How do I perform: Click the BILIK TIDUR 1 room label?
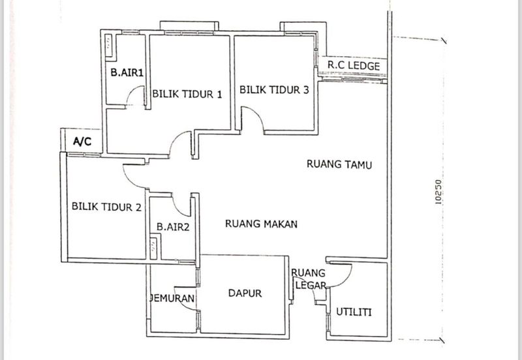tap(188, 94)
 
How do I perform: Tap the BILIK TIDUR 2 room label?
tap(106, 208)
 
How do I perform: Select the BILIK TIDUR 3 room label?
tap(274, 91)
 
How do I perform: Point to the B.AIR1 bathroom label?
tap(127, 74)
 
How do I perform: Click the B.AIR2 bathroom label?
tap(172, 227)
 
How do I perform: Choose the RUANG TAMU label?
tap(339, 165)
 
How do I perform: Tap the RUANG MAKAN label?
tap(261, 224)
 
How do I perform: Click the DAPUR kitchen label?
tap(245, 293)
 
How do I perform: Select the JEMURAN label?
tap(173, 298)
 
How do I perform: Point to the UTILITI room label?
tap(354, 312)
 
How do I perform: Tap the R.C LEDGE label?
tap(353, 66)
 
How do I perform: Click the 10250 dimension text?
tap(438, 193)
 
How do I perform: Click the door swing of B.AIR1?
tap(136, 98)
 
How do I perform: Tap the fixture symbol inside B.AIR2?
tap(154, 247)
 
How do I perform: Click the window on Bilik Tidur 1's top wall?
tap(190, 28)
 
